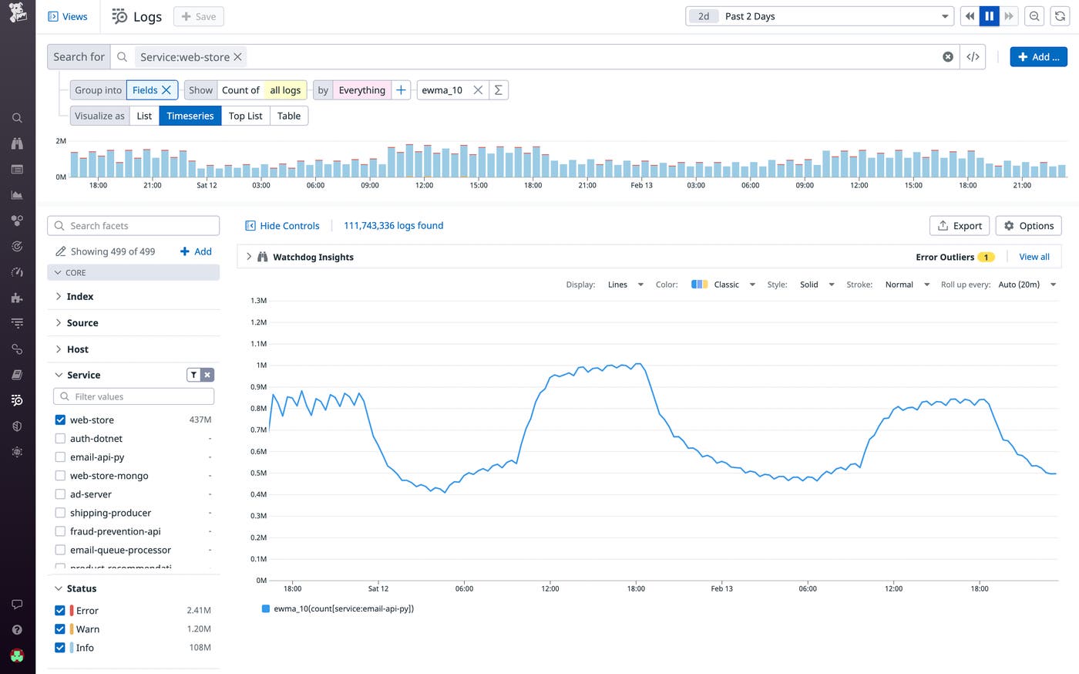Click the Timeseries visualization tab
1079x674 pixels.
click(190, 116)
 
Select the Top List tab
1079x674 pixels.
click(245, 116)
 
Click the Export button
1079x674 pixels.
click(960, 226)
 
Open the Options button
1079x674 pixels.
click(1028, 226)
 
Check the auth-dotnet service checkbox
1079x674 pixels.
click(60, 439)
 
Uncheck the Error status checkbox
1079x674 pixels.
click(60, 611)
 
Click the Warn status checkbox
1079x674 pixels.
click(60, 629)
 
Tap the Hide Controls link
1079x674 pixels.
click(282, 226)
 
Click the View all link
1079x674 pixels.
click(1034, 257)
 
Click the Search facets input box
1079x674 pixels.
click(133, 226)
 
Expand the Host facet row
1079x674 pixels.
click(77, 349)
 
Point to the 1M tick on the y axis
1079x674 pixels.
click(261, 366)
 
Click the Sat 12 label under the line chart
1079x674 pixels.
click(378, 588)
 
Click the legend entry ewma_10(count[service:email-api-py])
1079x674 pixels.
click(343, 608)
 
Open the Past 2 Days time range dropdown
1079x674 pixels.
click(819, 16)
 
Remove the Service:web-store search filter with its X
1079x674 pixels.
click(238, 57)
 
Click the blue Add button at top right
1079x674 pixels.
click(1038, 57)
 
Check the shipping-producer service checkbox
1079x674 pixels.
click(60, 513)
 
